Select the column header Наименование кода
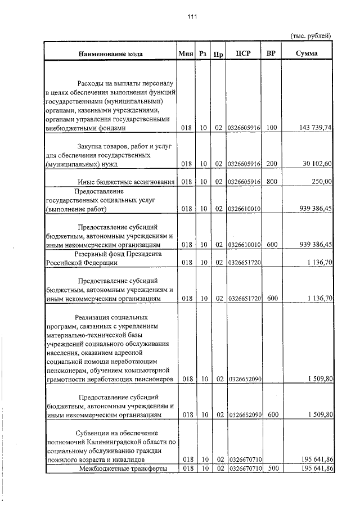coord(110,53)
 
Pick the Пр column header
coord(218,54)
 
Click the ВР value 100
coord(272,128)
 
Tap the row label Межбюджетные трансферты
coord(124,468)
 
